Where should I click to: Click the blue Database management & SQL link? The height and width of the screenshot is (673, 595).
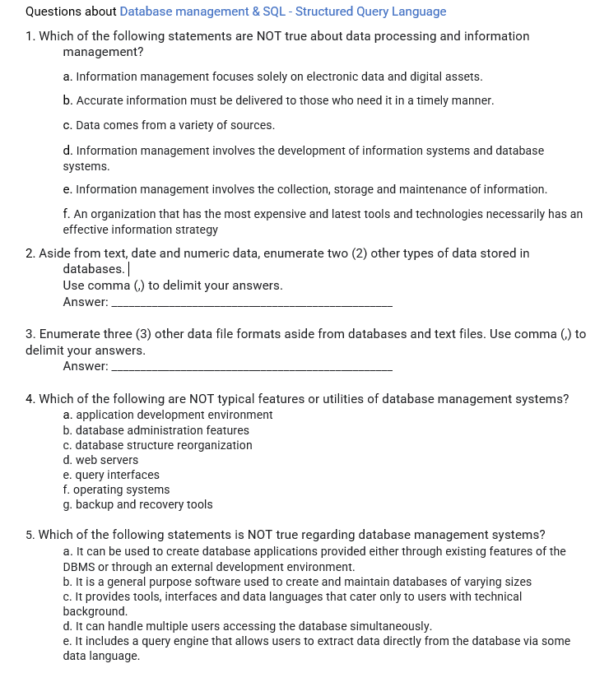[x=282, y=12]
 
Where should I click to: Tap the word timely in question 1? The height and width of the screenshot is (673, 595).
[x=428, y=100]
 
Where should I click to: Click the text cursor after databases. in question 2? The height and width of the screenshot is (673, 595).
[x=129, y=269]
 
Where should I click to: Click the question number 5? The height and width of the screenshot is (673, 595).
[x=30, y=534]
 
